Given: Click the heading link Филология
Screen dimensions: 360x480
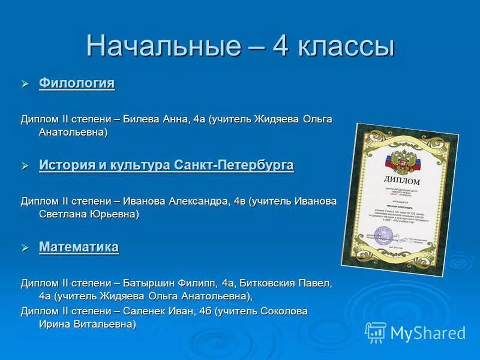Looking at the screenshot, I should tap(77, 83).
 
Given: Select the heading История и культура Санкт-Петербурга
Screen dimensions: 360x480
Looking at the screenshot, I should tap(166, 165).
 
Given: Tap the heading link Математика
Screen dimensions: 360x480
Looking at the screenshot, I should tap(79, 247).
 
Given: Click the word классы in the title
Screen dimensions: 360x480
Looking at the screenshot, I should tap(347, 46).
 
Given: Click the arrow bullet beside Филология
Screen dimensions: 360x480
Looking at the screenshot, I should tap(25, 84).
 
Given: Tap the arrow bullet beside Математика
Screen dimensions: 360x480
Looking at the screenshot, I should tap(25, 247).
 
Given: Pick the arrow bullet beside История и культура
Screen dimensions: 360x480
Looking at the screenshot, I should tap(25, 166).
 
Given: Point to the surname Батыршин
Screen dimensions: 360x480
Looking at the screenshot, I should tap(149, 282).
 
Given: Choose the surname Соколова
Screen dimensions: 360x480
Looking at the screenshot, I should tap(284, 311).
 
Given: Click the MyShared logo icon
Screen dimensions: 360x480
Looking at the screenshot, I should tap(376, 332).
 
